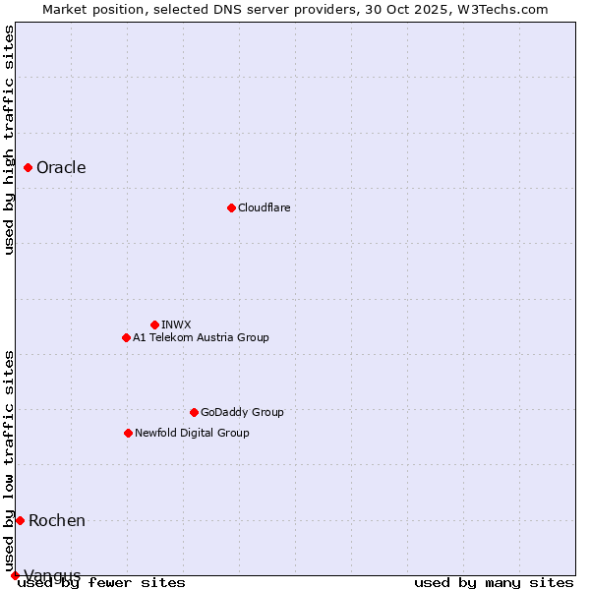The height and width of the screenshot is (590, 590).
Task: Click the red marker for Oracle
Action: tap(29, 168)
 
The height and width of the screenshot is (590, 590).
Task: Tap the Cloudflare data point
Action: tap(231, 207)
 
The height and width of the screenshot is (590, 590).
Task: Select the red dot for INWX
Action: tap(154, 324)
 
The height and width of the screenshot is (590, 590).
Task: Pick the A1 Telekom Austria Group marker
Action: tap(126, 337)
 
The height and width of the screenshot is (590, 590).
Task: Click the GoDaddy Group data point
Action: tap(194, 412)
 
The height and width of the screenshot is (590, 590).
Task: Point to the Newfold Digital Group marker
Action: tap(128, 433)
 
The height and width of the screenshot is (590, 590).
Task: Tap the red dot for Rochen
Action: tap(20, 520)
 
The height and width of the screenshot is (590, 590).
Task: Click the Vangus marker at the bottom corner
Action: tap(15, 575)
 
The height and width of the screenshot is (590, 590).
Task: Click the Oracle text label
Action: tap(61, 168)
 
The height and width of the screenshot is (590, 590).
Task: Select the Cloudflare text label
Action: tap(264, 207)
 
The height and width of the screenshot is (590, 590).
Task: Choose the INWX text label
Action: tap(176, 324)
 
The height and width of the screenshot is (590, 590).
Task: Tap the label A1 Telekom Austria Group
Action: tap(201, 337)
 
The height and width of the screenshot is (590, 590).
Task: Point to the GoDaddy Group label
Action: tap(242, 412)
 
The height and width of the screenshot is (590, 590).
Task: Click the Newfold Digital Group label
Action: tap(192, 433)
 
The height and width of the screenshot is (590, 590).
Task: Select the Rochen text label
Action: tap(57, 520)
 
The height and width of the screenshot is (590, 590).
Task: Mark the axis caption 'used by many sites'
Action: tap(494, 582)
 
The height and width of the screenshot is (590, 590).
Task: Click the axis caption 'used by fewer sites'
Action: tap(101, 582)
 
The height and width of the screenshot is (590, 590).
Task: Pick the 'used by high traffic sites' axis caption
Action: tap(9, 140)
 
